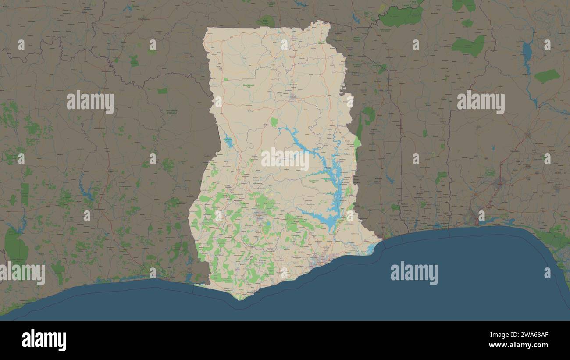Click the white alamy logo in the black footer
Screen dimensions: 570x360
coord(44,340)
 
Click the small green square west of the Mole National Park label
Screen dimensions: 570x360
coord(226,79)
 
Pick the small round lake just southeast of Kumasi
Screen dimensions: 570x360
coord(268,224)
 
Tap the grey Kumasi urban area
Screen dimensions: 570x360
coord(260,215)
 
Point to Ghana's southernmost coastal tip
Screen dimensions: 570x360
coord(239,298)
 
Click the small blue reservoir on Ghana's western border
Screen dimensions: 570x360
coord(228,141)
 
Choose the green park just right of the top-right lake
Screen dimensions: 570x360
coord(546,76)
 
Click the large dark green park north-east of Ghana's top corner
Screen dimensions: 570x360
coord(401,17)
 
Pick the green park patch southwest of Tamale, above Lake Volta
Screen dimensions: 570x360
coord(274,121)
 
